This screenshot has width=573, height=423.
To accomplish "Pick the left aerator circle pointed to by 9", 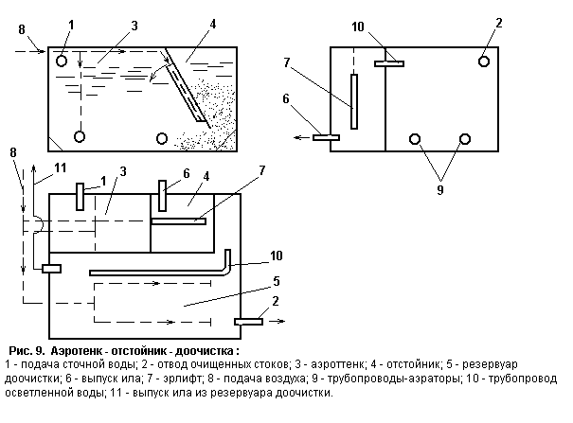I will coord(414,139).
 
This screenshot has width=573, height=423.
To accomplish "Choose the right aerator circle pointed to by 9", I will coord(465,139).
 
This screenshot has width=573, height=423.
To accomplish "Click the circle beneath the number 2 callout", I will coord(484,62).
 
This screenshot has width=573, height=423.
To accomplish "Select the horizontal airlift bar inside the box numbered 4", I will coord(178,222).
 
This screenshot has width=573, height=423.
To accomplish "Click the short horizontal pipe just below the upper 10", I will coord(389,64).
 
